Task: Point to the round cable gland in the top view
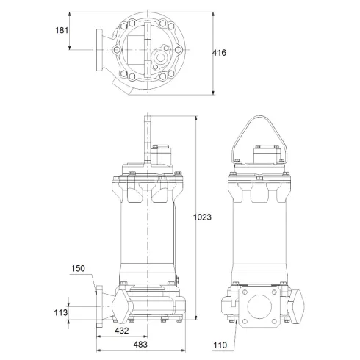click(162, 57)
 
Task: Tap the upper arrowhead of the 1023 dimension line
click(197, 118)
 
